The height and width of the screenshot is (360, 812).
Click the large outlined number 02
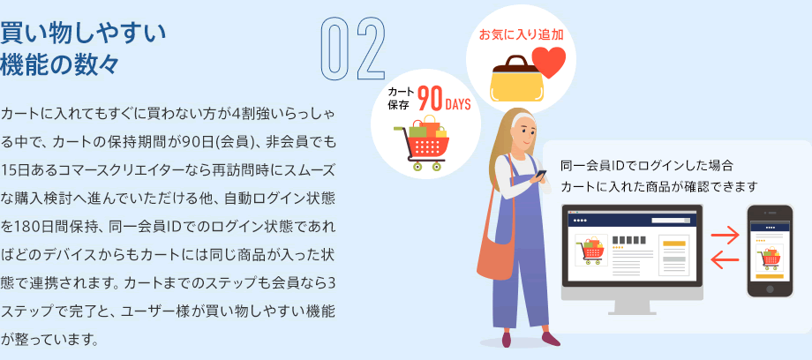click(x=354, y=49)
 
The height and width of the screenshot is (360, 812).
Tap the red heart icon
click(x=549, y=62)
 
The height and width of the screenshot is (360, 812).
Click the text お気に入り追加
click(x=521, y=34)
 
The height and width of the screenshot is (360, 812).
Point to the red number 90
click(x=429, y=100)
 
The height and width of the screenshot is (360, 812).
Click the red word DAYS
click(x=458, y=103)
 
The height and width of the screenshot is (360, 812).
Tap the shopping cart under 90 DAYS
click(x=420, y=143)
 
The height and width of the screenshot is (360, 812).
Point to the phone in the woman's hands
click(x=541, y=174)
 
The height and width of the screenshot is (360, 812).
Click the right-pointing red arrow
click(x=725, y=236)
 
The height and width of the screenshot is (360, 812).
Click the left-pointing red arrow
click(x=725, y=260)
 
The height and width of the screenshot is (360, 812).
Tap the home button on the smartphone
click(x=770, y=289)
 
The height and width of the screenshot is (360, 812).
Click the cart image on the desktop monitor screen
click(x=591, y=250)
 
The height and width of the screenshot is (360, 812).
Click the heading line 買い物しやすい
click(x=83, y=34)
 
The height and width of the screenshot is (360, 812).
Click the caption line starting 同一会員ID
click(x=647, y=166)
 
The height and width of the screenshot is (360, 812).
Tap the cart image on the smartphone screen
click(x=770, y=258)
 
